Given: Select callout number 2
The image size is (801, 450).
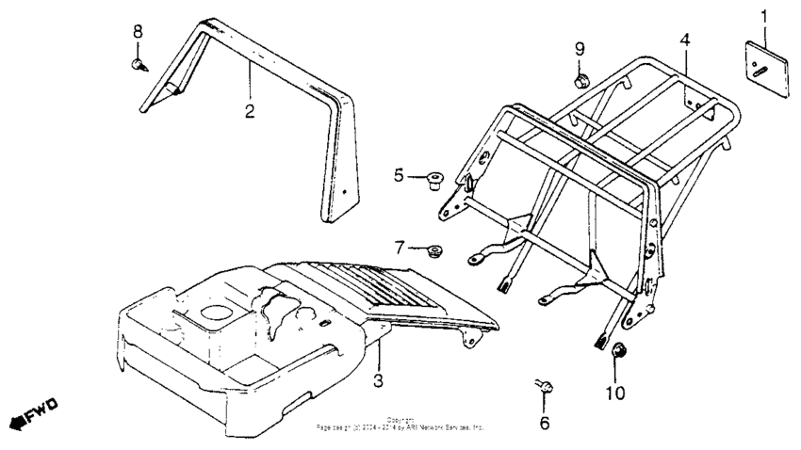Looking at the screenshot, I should pyautogui.click(x=250, y=111).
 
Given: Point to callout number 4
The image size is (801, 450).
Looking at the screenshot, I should pyautogui.click(x=685, y=40).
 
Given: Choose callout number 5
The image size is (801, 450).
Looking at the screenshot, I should pyautogui.click(x=400, y=174).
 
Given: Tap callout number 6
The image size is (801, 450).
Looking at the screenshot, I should pyautogui.click(x=544, y=423).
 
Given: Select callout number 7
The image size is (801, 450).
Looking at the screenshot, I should pyautogui.click(x=400, y=248).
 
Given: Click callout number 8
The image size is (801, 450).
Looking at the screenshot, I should pyautogui.click(x=138, y=31).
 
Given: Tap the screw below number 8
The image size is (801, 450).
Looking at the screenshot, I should pyautogui.click(x=139, y=64).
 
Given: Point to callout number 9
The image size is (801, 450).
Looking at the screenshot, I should pyautogui.click(x=580, y=48).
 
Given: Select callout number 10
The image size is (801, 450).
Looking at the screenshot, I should pyautogui.click(x=614, y=393).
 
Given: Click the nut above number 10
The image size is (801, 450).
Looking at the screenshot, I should pyautogui.click(x=620, y=353).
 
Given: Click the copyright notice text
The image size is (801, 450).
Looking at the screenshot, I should pyautogui.click(x=400, y=424).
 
